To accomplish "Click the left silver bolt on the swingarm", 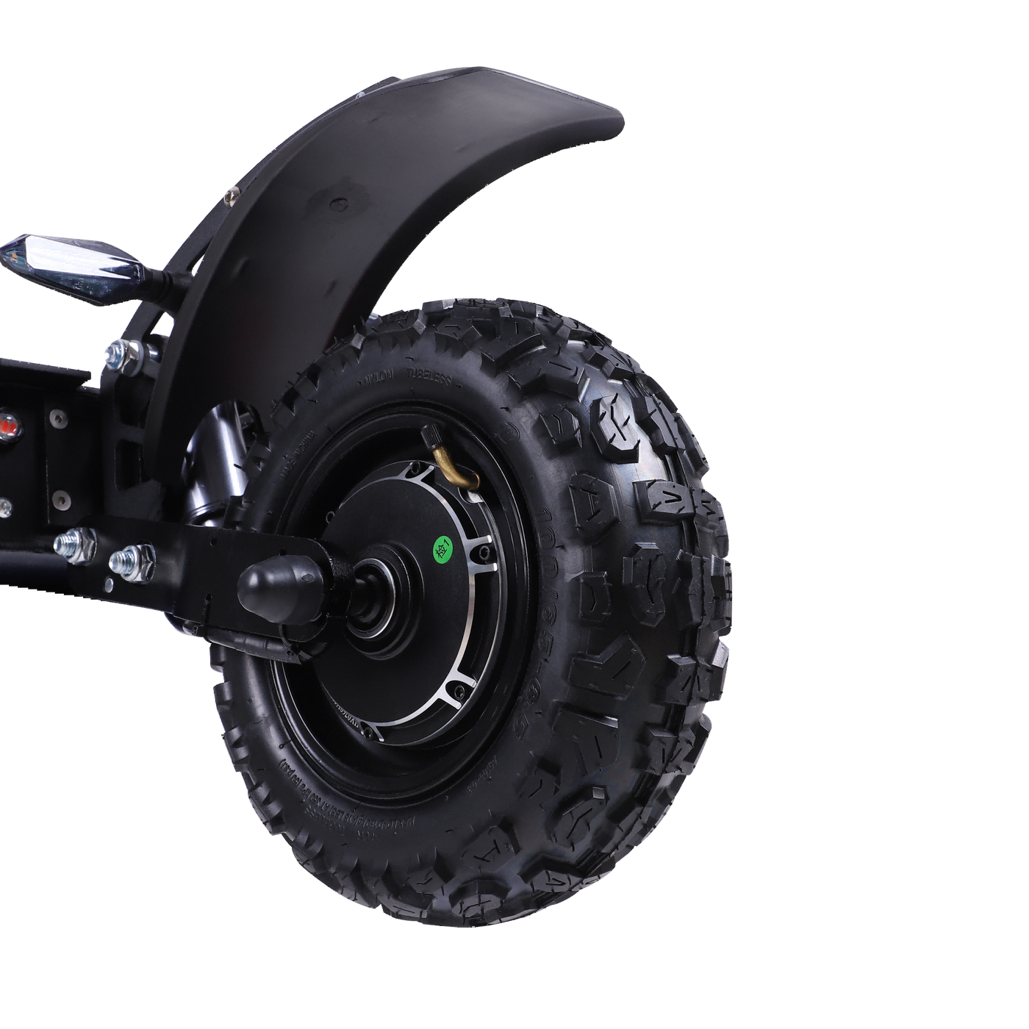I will coord(75,545).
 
